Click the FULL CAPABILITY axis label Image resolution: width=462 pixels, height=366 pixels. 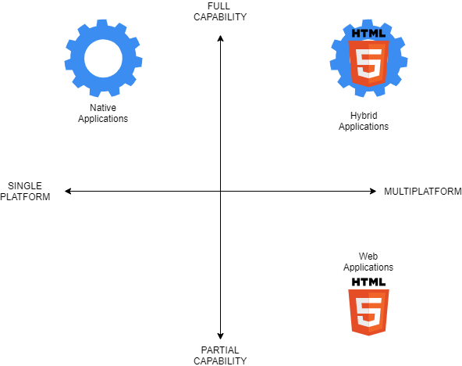tap(220, 12)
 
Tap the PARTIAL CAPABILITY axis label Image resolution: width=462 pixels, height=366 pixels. tap(220, 355)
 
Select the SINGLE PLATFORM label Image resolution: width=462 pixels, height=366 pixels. tap(25, 192)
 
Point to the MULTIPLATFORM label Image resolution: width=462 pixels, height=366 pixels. tap(423, 192)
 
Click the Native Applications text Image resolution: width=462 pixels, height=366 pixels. tap(103, 113)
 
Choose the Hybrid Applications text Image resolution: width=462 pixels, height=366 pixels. tap(364, 120)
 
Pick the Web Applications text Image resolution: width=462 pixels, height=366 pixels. tap(368, 261)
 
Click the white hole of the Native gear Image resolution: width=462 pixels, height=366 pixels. tap(103, 58)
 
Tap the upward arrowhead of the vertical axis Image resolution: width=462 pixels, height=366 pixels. tap(220, 38)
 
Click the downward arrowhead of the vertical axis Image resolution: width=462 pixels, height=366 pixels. tap(220, 336)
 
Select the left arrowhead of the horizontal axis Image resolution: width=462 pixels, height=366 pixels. tap(68, 192)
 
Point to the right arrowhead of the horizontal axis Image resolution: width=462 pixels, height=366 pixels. tap(373, 192)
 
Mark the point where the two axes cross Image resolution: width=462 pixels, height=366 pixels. tap(220, 192)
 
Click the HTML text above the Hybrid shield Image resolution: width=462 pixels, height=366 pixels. tap(368, 34)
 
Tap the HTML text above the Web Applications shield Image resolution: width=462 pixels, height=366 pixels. tap(368, 282)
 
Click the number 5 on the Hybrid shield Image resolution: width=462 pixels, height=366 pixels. tap(368, 63)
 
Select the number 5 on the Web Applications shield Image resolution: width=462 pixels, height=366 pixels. tap(368, 312)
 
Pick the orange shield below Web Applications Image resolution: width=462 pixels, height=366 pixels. tap(368, 312)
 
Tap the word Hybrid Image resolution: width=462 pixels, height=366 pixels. tap(364, 116)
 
